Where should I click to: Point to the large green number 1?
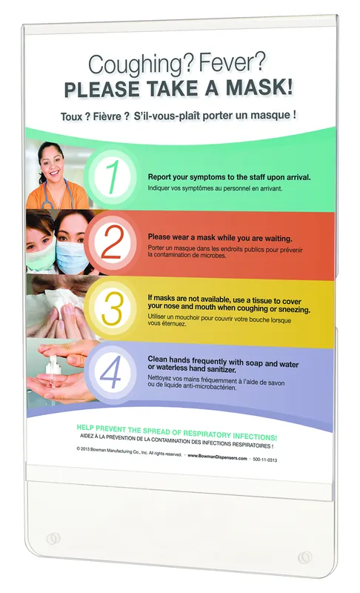pyautogui.click(x=112, y=177)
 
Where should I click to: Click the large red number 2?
pyautogui.click(x=112, y=242)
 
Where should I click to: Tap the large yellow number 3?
pyautogui.click(x=112, y=308)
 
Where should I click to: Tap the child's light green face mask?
pyautogui.click(x=41, y=254)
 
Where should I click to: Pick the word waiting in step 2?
pyautogui.click(x=278, y=239)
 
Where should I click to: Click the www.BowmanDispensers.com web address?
pyautogui.click(x=217, y=457)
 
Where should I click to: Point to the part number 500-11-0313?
pyautogui.click(x=264, y=460)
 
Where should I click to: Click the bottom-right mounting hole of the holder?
pyautogui.click(x=305, y=557)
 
